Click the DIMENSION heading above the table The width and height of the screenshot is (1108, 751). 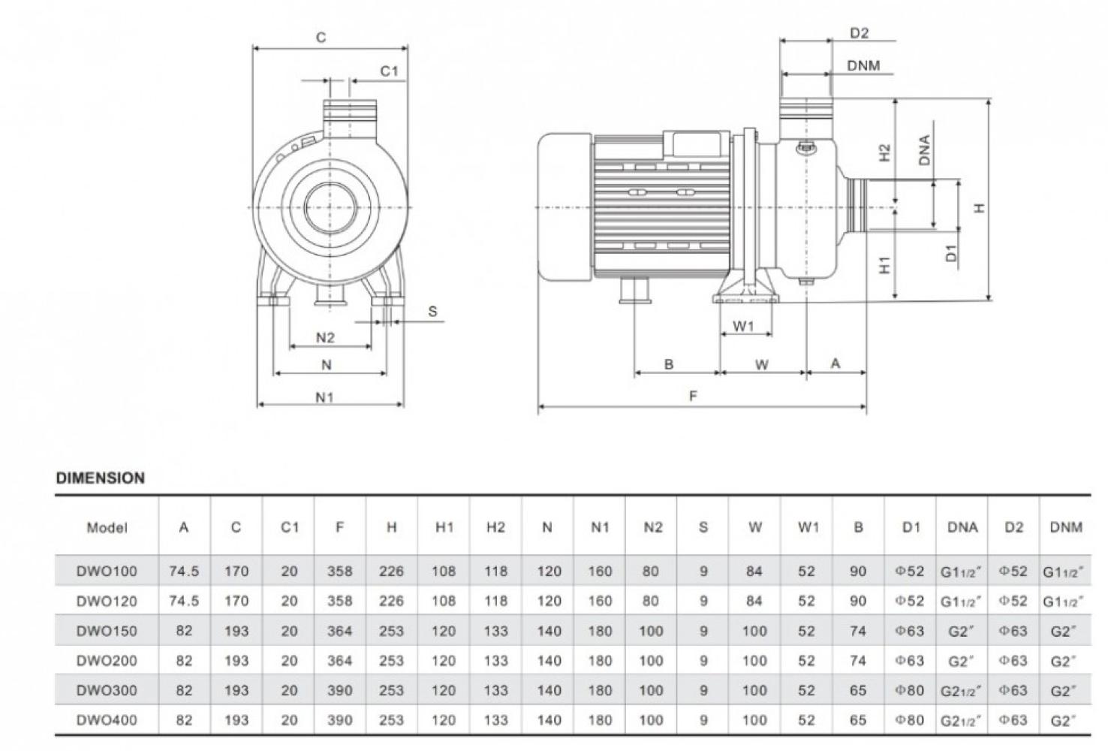click(101, 478)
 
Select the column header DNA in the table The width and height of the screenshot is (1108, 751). click(962, 527)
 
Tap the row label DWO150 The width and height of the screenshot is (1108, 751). click(107, 631)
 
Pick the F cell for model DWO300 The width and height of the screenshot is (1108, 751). click(339, 690)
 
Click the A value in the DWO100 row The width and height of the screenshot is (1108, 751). click(184, 572)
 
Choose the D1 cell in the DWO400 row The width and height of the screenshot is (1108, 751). click(910, 720)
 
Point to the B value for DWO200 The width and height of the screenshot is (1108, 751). click(858, 661)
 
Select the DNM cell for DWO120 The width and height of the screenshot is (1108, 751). click(1064, 602)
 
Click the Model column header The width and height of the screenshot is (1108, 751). click(107, 527)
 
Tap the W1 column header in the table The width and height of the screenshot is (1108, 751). click(808, 527)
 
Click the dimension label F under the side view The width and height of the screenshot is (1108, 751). click(693, 396)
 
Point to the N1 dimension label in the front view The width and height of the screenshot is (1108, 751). click(324, 397)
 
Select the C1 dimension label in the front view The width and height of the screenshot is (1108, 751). click(389, 71)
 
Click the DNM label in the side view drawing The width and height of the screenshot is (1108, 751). click(863, 66)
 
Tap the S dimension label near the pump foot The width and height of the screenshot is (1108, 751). click(432, 312)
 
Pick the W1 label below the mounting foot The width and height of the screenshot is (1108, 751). click(742, 327)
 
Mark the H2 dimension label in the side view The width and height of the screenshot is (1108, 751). click(885, 152)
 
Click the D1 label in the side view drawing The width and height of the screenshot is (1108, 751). click(952, 253)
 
